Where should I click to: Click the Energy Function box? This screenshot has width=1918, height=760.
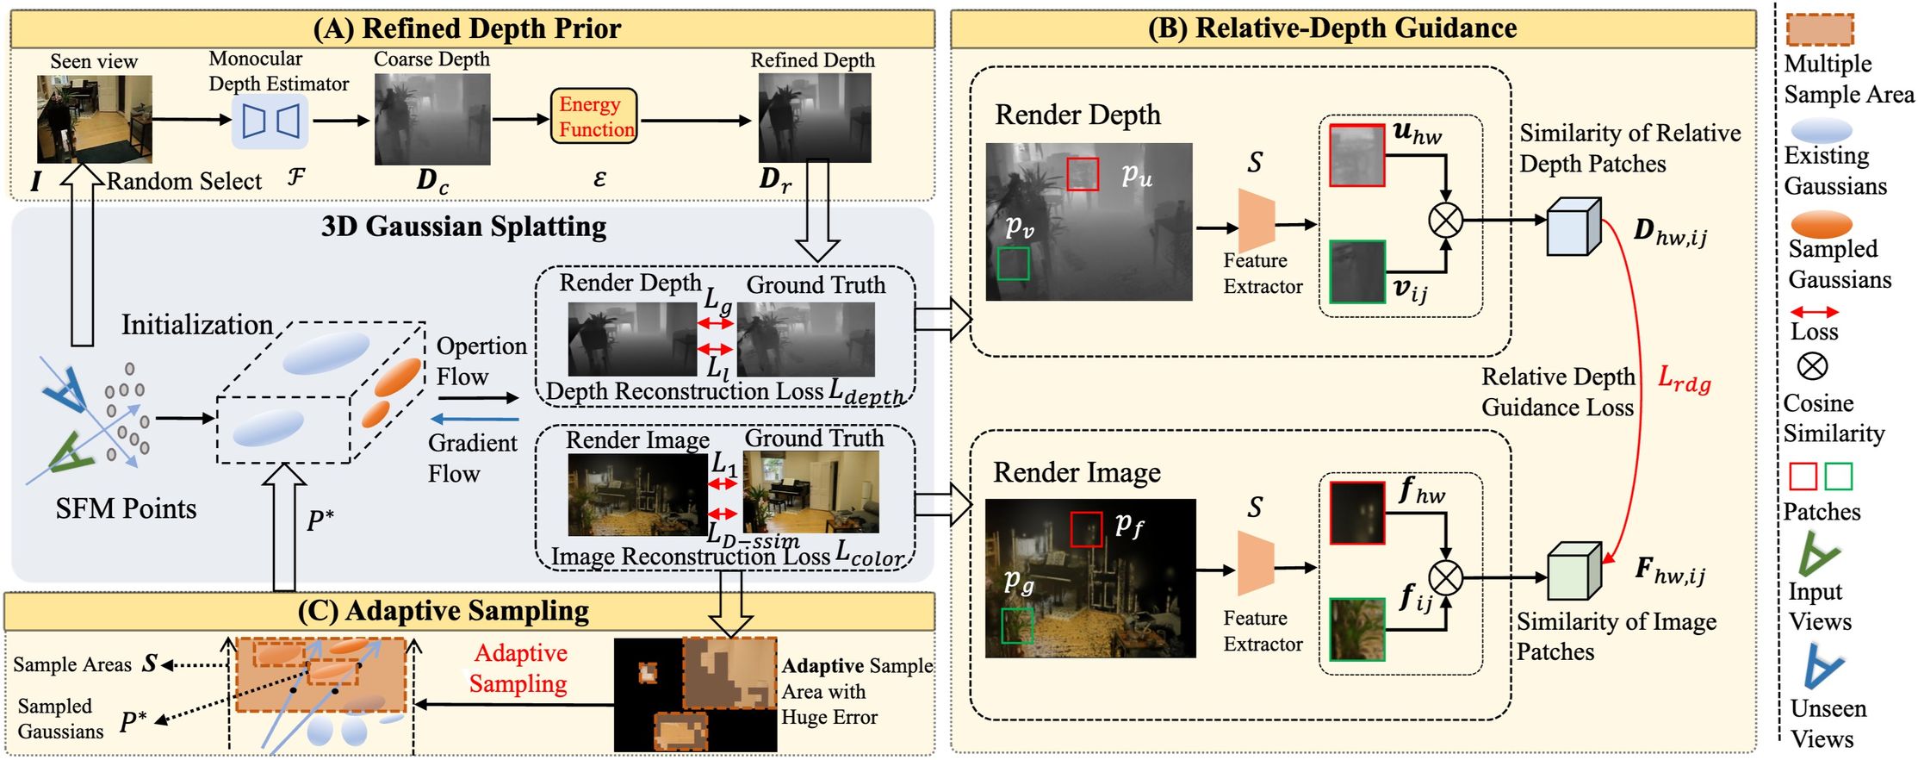593,116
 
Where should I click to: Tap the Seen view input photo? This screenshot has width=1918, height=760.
95,119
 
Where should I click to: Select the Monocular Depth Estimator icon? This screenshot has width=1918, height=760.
270,121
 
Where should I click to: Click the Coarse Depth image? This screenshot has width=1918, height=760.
432,119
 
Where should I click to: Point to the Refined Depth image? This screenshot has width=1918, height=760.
814,118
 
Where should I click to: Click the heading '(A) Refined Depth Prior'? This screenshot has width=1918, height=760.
467,28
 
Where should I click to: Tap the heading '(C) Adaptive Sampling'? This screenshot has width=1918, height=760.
444,611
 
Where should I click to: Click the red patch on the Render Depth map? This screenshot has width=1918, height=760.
1083,174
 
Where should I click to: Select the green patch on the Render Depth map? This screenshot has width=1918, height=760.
1014,264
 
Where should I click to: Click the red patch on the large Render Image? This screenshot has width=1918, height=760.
1086,529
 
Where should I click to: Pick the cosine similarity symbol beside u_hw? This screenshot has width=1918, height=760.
1445,220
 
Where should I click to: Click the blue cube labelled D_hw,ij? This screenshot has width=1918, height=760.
1574,227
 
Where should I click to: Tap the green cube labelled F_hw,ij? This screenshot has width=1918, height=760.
1574,571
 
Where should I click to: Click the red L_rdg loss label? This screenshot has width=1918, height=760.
1684,380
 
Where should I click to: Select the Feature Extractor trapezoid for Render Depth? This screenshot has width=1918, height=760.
1256,221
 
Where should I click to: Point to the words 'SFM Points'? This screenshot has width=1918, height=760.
126,508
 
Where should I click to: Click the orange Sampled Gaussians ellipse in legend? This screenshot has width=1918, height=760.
1821,224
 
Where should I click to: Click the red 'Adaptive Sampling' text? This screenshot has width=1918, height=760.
519,669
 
